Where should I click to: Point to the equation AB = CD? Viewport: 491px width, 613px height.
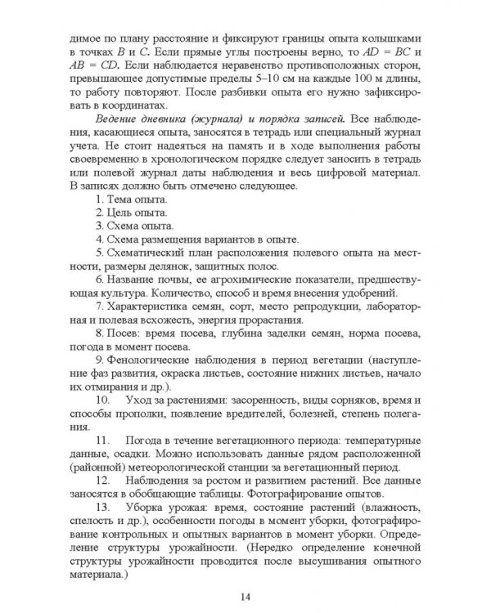click(x=93, y=65)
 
